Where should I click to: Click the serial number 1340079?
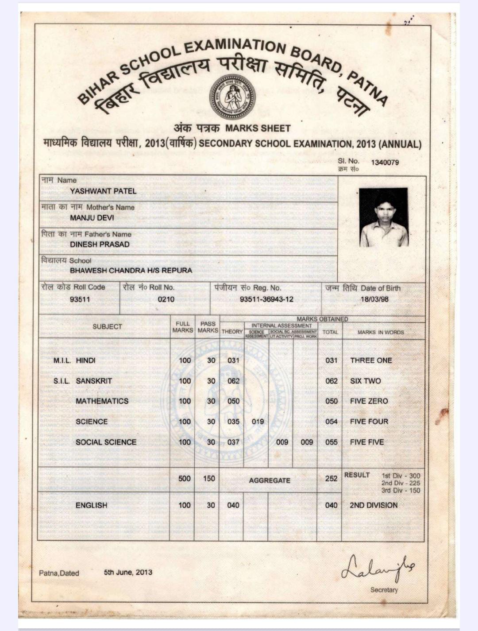385,162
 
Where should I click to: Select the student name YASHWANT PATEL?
103,191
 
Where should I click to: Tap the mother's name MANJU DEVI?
92,218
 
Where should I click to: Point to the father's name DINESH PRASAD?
100,244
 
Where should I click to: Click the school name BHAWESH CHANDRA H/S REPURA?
131,271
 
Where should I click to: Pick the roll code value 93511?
80,299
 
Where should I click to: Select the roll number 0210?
166,299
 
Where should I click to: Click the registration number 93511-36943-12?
266,299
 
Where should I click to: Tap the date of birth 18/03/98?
374,299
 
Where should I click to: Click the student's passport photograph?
383,217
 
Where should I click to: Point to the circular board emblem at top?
232,97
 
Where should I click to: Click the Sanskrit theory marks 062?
233,381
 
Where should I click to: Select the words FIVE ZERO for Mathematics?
369,401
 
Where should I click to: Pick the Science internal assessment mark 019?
258,422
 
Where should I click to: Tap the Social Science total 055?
331,442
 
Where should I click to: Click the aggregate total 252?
331,479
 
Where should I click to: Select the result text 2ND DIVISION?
374,505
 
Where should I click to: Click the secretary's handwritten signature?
378,567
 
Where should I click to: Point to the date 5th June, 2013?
128,572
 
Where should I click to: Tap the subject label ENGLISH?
91,505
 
